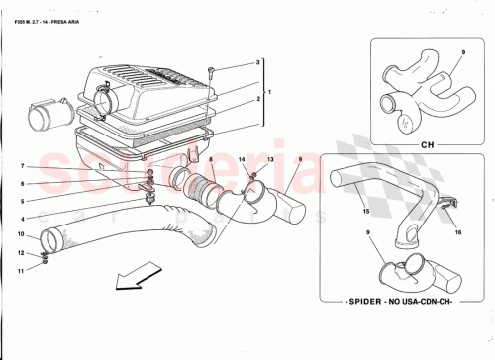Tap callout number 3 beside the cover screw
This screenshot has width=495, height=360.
point(258,62)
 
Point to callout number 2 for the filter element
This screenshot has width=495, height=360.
point(258,99)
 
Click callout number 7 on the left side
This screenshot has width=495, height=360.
point(22,166)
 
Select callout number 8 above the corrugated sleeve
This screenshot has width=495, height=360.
point(208,159)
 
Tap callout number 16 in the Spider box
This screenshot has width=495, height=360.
point(458,235)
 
